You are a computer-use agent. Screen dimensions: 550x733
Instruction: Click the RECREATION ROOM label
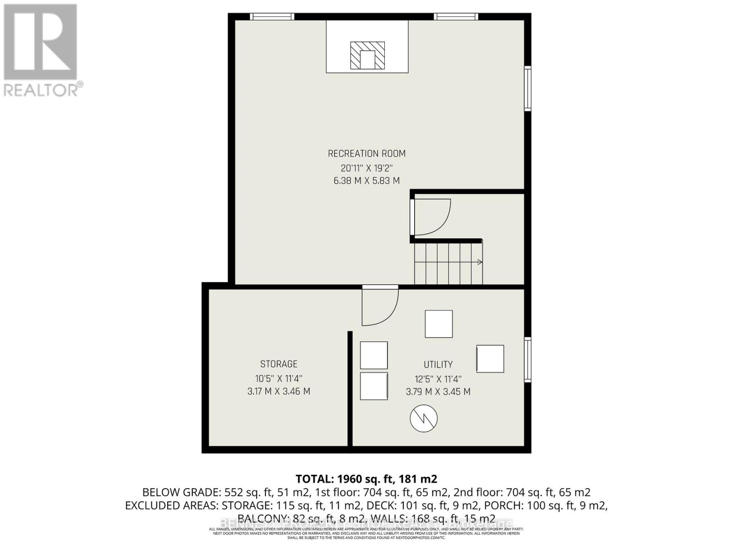point(366,154)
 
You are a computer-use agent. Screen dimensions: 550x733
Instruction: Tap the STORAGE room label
point(279,364)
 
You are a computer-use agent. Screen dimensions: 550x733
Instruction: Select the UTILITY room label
point(438,364)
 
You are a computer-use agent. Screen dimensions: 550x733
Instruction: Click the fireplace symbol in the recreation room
point(367,55)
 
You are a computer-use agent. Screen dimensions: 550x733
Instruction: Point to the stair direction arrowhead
point(480,262)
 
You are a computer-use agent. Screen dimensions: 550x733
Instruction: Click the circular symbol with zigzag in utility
point(424,418)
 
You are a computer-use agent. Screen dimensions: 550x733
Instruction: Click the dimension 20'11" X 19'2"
point(366,168)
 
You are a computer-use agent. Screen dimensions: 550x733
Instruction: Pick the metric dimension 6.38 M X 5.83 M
point(366,181)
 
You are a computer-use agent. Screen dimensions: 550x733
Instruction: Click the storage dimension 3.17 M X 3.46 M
point(279,391)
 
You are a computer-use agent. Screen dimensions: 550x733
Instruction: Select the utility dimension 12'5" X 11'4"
point(438,379)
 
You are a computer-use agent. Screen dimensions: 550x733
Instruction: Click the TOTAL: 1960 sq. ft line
point(366,479)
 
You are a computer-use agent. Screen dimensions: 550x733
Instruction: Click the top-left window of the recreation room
point(272,16)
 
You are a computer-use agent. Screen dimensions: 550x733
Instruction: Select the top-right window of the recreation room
point(456,16)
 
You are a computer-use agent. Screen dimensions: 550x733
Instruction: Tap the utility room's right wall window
point(528,360)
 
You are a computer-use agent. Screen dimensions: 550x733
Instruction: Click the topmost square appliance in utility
point(439,324)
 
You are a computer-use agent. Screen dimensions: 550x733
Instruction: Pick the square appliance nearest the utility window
point(490,358)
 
